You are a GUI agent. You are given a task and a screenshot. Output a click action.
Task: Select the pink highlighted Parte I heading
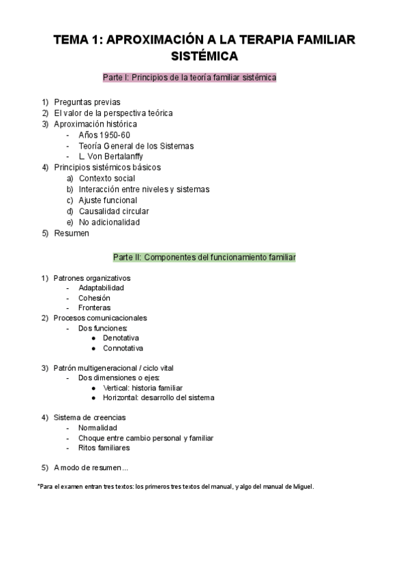190,78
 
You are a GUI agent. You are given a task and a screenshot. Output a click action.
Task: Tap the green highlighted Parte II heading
204,258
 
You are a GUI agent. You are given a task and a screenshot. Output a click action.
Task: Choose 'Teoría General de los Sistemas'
136,146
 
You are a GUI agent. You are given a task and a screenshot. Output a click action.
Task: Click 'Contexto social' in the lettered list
107,179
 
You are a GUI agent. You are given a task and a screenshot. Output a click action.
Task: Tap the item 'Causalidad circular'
114,211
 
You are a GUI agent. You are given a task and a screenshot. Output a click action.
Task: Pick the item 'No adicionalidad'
109,222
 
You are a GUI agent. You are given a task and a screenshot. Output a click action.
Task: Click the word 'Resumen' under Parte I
72,233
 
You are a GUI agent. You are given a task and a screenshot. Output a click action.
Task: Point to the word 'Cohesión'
94,298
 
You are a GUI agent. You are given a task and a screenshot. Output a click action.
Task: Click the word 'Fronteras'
95,308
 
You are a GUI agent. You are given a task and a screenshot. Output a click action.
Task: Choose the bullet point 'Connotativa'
123,348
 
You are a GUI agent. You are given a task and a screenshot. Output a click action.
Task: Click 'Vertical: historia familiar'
143,388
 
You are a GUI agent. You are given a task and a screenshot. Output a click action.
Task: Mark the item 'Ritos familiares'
104,448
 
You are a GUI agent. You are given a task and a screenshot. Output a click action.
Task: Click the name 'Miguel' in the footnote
301,486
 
